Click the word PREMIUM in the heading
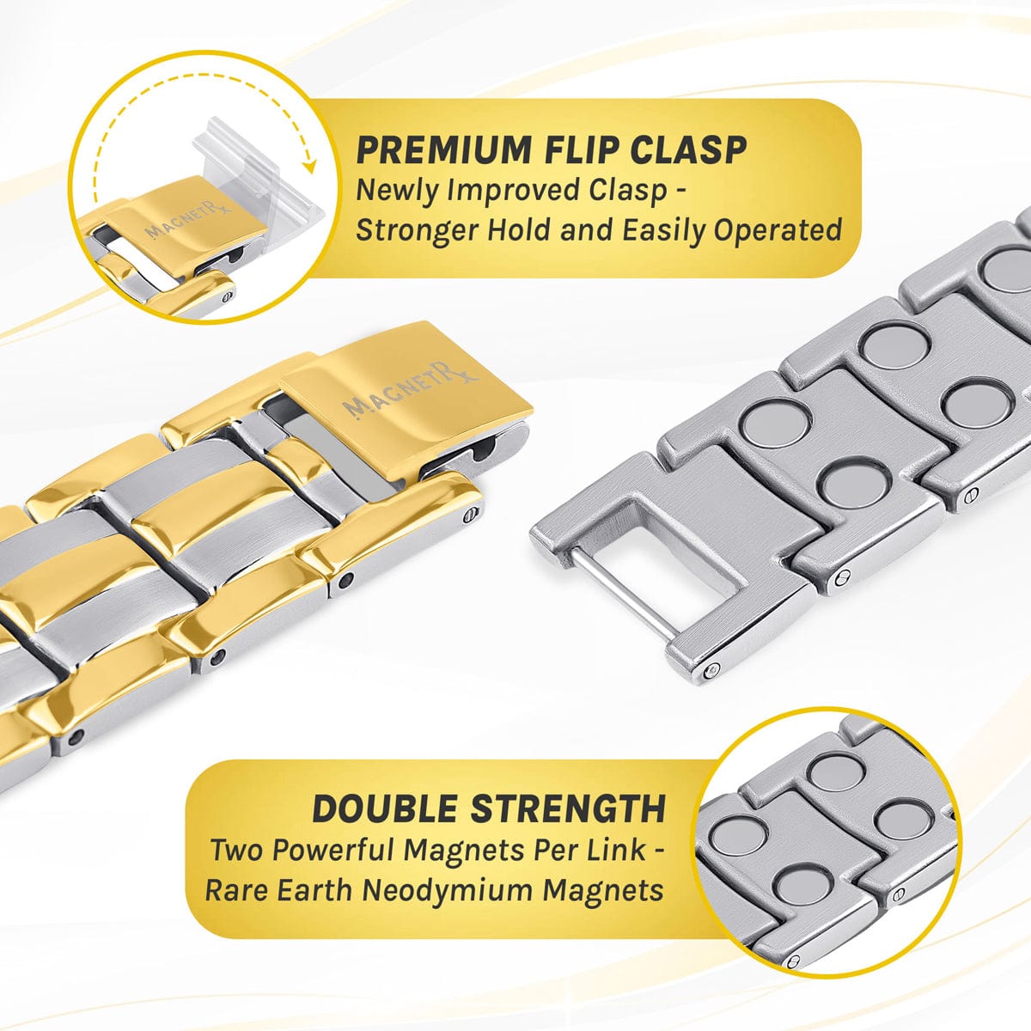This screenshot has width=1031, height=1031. click(x=442, y=150)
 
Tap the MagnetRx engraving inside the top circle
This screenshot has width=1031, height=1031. click(x=188, y=220)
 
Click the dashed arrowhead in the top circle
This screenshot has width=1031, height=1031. click(x=308, y=167)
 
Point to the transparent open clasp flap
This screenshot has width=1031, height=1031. click(x=257, y=171)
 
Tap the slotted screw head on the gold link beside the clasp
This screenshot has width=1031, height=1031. click(x=469, y=516)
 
